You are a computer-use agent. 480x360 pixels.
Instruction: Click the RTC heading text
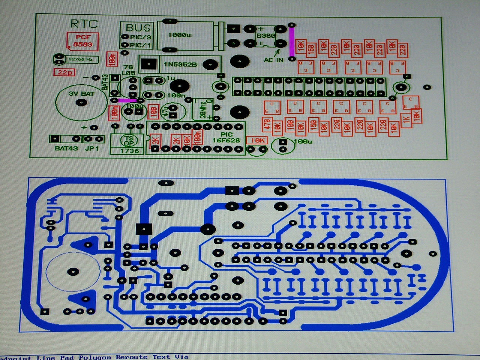[84, 24]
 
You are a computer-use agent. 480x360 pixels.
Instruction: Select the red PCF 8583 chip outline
[83, 41]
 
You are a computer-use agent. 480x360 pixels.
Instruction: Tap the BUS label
[138, 28]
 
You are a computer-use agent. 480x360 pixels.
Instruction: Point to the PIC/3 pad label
[141, 37]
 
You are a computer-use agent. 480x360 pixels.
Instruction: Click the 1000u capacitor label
[180, 35]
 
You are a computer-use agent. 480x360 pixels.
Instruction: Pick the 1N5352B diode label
[180, 64]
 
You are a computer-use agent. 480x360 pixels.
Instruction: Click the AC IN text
[273, 60]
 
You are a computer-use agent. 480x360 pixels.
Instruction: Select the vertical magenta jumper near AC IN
[291, 41]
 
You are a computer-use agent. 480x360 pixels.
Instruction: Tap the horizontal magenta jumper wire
[127, 100]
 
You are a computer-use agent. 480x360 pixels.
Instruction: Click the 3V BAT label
[81, 93]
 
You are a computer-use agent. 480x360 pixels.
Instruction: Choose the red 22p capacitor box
[65, 72]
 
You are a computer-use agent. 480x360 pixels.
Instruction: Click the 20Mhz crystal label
[203, 109]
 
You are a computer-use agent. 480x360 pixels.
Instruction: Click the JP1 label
[92, 148]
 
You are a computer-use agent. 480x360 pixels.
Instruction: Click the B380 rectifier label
[265, 36]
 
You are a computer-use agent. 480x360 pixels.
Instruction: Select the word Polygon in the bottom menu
[95, 357]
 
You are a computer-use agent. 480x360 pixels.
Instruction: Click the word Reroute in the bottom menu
[132, 357]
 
